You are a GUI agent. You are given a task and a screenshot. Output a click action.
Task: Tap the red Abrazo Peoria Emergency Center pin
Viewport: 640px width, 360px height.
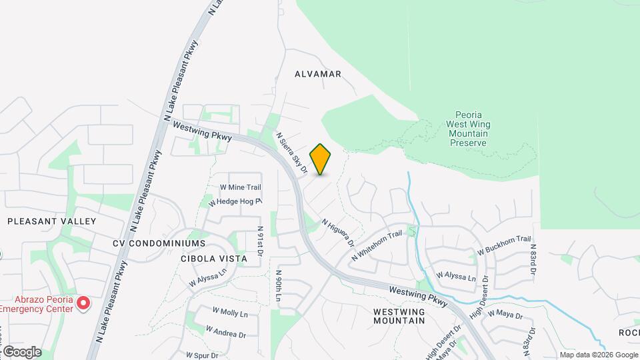click(x=83, y=303)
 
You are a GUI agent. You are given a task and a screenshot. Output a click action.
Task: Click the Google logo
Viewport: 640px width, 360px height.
click(x=21, y=352)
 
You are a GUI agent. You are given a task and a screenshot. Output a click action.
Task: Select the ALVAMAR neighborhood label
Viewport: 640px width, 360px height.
click(x=318, y=74)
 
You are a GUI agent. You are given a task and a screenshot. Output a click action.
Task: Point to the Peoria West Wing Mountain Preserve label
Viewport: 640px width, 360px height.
click(x=468, y=129)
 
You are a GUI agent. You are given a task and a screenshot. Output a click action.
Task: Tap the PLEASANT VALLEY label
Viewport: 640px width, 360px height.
click(x=52, y=221)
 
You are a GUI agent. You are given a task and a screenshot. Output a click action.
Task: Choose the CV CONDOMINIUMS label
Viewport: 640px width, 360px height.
click(x=159, y=243)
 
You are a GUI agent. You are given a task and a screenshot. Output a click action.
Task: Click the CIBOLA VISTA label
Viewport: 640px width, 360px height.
click(x=213, y=258)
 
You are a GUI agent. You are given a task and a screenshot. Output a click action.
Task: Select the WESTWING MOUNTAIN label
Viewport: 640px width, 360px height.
click(x=399, y=316)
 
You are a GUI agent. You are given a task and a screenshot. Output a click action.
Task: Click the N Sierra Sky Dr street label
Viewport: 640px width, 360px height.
click(x=291, y=153)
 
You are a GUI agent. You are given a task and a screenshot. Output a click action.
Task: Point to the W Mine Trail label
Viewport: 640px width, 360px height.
click(x=240, y=188)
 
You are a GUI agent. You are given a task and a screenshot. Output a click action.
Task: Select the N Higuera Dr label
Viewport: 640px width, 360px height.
click(x=337, y=233)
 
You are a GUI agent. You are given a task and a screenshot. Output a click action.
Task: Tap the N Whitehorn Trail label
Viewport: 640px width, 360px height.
click(x=377, y=245)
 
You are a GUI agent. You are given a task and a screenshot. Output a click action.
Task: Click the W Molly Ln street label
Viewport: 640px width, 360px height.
click(x=230, y=312)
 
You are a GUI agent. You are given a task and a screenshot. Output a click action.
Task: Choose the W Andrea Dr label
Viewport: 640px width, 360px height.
click(x=225, y=331)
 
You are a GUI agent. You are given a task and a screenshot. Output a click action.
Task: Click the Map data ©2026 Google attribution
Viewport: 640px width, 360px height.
click(x=599, y=355)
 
